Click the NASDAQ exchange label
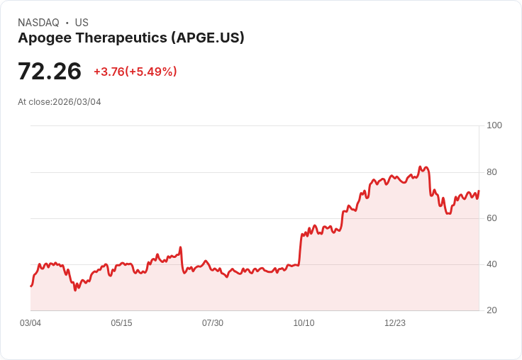coord(38,23)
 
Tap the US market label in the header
coord(82,23)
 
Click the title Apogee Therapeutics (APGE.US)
coord(131,38)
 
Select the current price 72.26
coord(50,72)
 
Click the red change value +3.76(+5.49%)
coord(135,72)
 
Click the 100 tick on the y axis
coord(494,125)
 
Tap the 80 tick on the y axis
coord(492,172)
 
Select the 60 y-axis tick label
coord(492,218)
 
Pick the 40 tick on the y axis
coord(492,264)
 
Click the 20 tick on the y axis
coord(492,310)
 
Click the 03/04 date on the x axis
coord(30,323)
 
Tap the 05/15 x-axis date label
coord(121,323)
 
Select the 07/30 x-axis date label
coord(213,323)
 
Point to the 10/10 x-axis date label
coord(304,323)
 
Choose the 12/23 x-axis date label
coord(395,323)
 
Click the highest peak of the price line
coord(420,167)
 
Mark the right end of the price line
coord(479,191)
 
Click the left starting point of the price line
coord(30,286)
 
